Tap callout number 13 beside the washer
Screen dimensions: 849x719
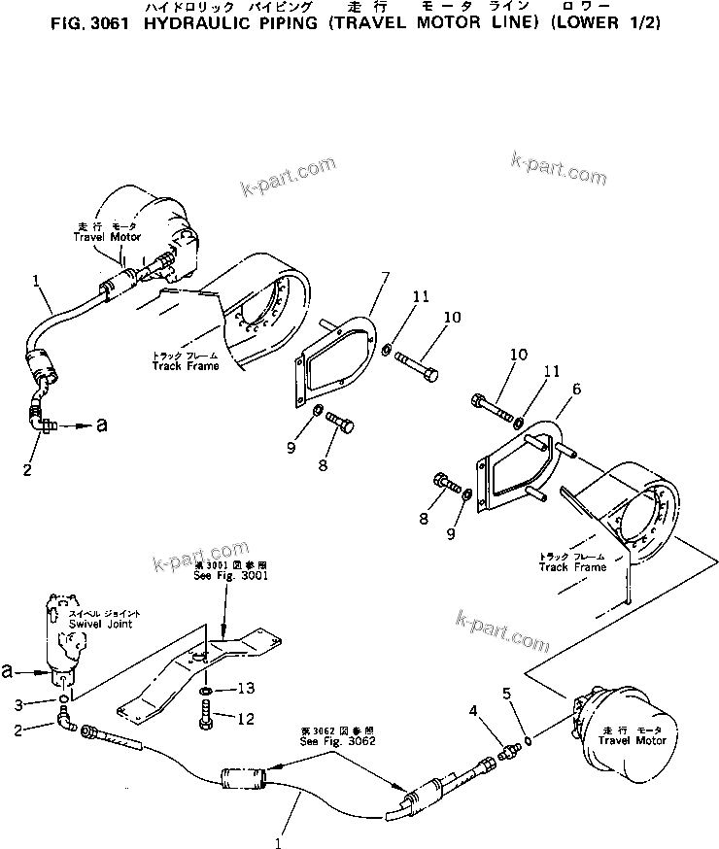coord(248,688)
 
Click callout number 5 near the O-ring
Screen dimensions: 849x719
coord(506,693)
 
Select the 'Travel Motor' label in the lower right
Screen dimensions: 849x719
coord(633,741)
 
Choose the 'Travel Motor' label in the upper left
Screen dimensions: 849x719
coord(107,236)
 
